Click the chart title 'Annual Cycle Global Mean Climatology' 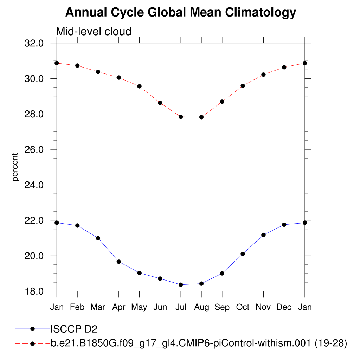coord(181,13)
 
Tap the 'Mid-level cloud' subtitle coord(94,32)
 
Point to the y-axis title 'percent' coord(15,167)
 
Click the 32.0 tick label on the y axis coord(34,43)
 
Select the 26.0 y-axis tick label coord(34,149)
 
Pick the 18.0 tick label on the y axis coord(34,291)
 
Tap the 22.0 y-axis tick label coord(34,220)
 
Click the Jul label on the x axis coord(181,307)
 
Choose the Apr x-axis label coord(119,307)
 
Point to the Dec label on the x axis coord(284,307)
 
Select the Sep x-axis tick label coord(222,307)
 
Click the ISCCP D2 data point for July coord(181,285)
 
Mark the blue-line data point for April coord(119,262)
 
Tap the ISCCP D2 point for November coord(263,235)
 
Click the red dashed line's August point coord(201,117)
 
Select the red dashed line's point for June coord(160,103)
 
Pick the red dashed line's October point coord(243,86)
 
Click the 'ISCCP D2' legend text coord(74,329)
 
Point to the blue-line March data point coord(98,238)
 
